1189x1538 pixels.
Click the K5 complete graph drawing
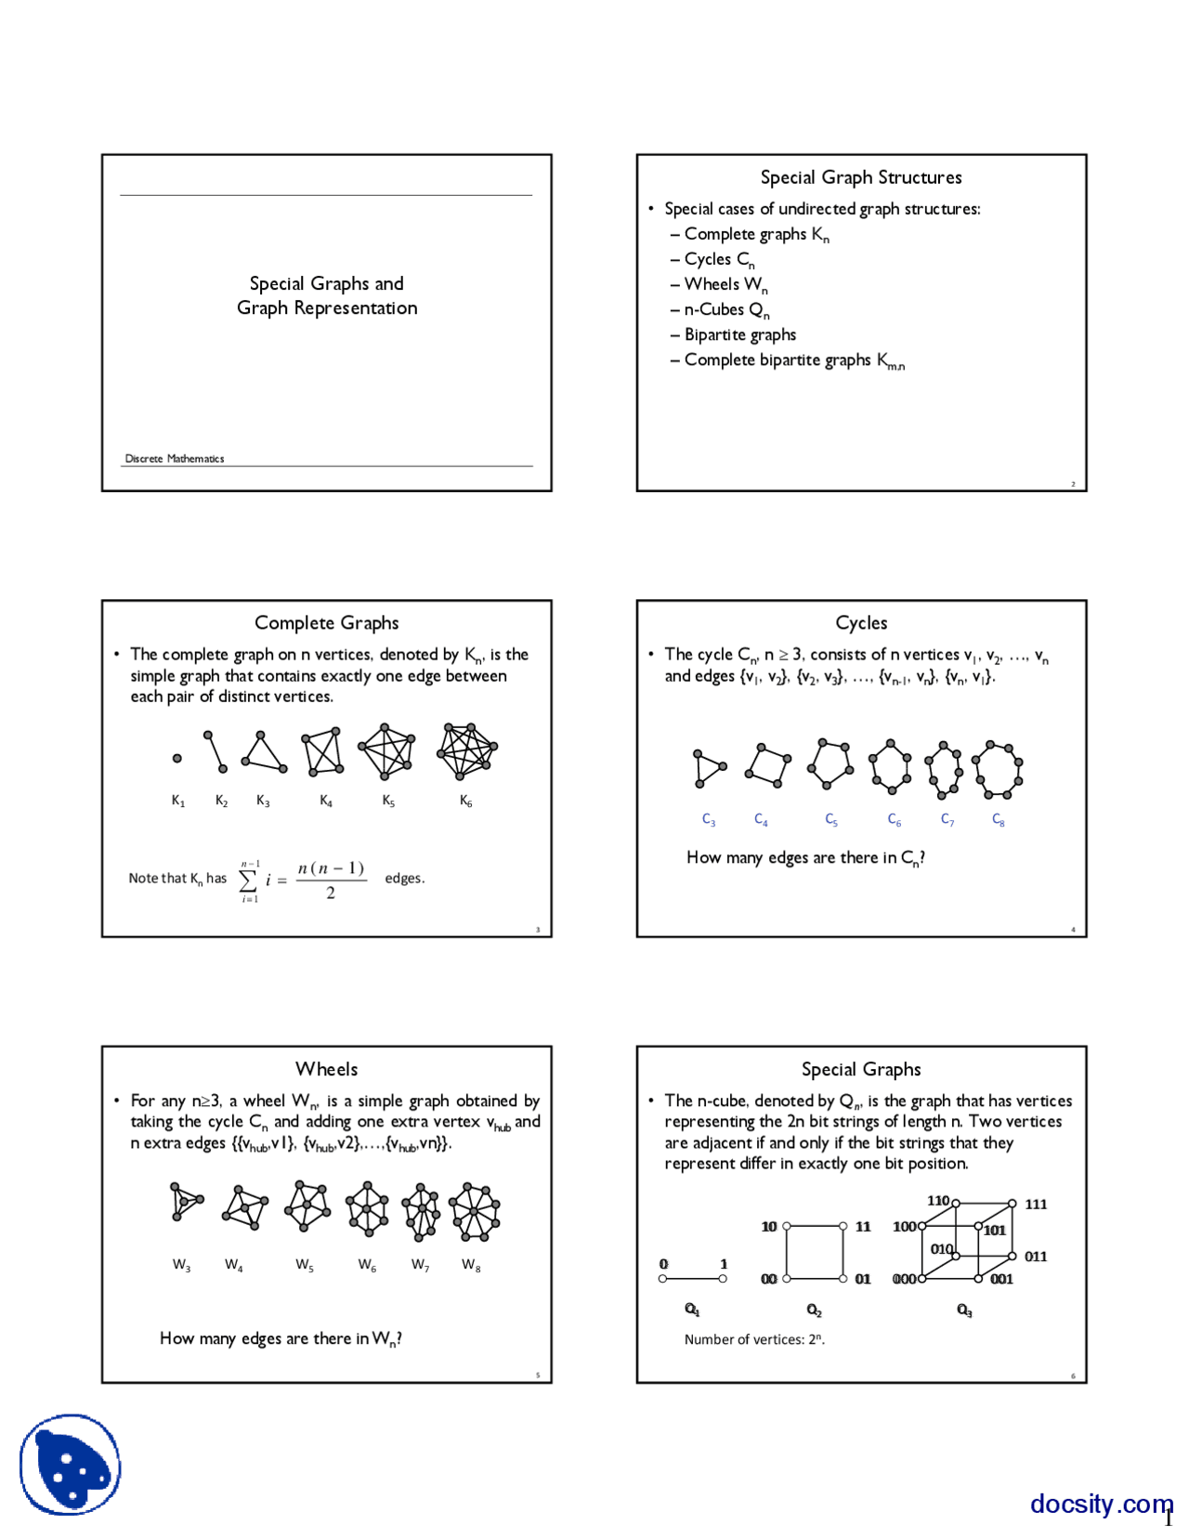click(x=386, y=751)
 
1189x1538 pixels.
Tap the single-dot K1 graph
click(x=177, y=759)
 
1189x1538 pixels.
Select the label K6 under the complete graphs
click(x=466, y=802)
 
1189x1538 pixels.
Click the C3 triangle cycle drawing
click(x=708, y=768)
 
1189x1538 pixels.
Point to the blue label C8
click(x=999, y=820)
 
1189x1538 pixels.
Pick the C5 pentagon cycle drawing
click(x=830, y=764)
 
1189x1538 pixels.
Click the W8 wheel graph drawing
click(x=475, y=1212)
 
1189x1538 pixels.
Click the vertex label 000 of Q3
click(x=904, y=1280)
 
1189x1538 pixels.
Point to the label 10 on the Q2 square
click(x=769, y=1227)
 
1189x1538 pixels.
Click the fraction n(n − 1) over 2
click(x=331, y=880)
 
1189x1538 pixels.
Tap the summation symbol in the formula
click(x=249, y=880)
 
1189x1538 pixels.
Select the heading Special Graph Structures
click(x=861, y=177)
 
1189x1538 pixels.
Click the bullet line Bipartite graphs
click(x=739, y=335)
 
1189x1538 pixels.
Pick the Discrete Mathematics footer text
click(x=175, y=459)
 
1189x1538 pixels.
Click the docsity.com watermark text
click(x=1100, y=1504)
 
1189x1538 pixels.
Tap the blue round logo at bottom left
click(x=71, y=1465)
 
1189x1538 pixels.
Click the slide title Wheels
click(x=327, y=1069)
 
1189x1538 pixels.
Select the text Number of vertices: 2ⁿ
click(x=754, y=1339)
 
